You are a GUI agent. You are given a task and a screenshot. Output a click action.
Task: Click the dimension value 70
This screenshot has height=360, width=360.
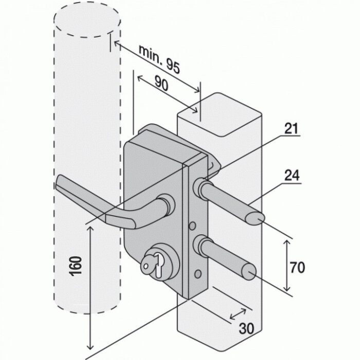click(x=297, y=267)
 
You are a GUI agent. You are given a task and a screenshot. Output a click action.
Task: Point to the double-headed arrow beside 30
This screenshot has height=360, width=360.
click(x=237, y=313)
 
